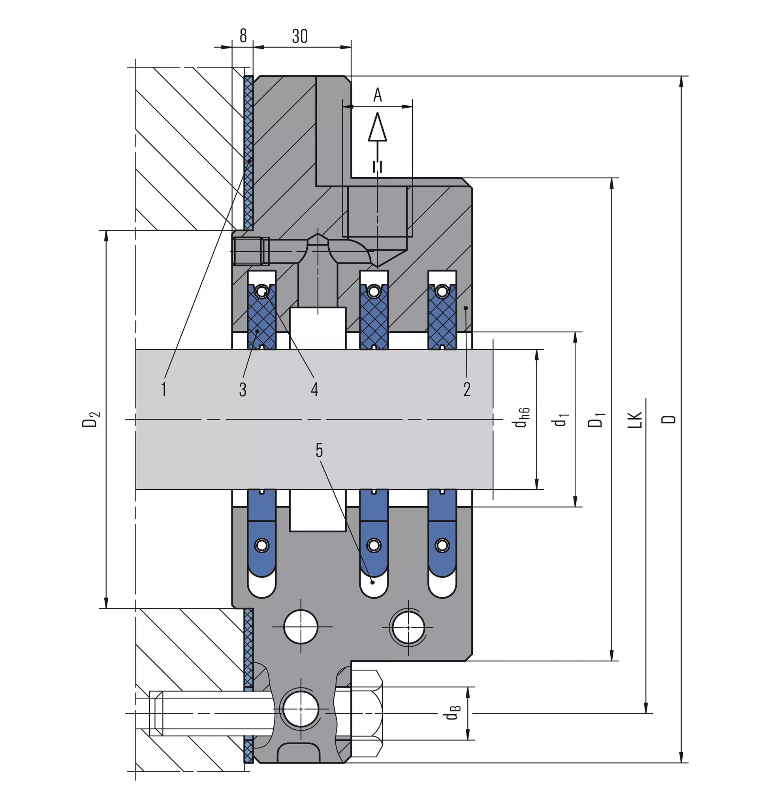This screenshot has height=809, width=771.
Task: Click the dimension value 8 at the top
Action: click(243, 36)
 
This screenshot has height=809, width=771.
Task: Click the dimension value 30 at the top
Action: click(300, 36)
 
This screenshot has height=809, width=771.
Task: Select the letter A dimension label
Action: click(377, 95)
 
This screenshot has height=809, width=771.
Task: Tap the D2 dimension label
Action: click(90, 418)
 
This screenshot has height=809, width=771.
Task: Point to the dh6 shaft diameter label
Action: click(522, 418)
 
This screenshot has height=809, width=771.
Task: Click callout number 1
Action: click(164, 389)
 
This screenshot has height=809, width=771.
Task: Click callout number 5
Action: click(319, 451)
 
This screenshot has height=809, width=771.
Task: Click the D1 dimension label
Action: click(597, 419)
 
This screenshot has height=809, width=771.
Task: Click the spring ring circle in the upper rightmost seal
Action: click(442, 292)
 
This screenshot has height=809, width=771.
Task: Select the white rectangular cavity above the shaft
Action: click(318, 328)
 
